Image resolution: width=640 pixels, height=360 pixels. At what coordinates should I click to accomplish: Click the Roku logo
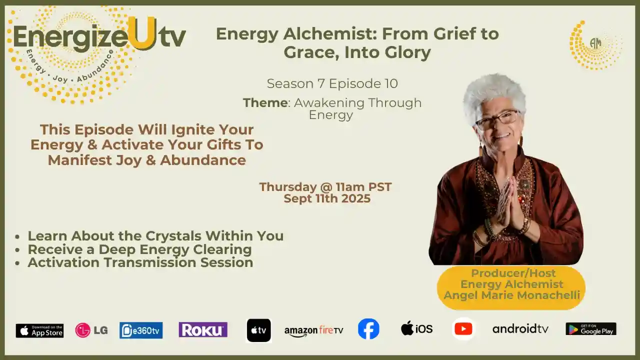[203, 329]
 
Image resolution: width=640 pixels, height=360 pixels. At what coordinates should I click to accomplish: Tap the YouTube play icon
[463, 329]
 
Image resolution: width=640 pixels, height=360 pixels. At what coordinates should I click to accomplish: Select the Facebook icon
[368, 329]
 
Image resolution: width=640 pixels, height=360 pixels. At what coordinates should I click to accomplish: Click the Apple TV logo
[258, 330]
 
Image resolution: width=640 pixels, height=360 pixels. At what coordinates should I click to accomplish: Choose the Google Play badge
[590, 329]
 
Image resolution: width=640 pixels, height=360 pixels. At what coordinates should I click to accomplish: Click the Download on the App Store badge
[39, 330]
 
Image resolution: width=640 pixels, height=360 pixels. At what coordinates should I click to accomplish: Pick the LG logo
[91, 330]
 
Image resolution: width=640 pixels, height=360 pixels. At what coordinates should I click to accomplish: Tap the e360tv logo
[141, 330]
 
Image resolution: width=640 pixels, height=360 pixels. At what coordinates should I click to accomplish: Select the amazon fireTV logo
[313, 330]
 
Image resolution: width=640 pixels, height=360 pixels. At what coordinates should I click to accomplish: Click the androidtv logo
[520, 328]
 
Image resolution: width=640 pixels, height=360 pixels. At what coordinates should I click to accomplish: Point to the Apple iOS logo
[416, 328]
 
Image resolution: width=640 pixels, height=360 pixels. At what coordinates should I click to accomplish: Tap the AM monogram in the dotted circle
[595, 44]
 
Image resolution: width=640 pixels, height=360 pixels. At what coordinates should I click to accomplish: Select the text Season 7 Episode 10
[332, 83]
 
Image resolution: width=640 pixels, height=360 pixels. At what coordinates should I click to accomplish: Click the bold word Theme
[265, 103]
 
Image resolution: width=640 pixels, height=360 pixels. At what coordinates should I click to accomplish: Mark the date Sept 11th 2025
[327, 198]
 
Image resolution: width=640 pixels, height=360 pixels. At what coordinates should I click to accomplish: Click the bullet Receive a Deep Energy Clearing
[139, 249]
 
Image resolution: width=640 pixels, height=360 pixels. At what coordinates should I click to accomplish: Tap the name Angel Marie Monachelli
[511, 295]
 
